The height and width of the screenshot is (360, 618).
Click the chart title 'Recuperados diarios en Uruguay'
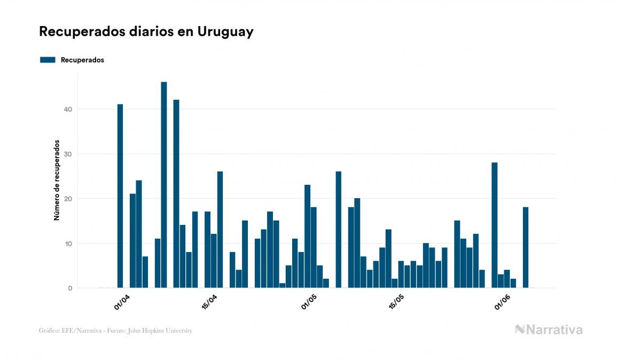tap(146, 32)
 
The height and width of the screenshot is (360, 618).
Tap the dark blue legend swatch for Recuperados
tap(48, 60)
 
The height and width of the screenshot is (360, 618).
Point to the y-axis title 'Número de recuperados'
tap(56, 181)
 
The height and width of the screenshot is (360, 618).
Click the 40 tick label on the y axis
tap(67, 109)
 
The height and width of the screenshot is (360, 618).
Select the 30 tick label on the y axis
tap(67, 154)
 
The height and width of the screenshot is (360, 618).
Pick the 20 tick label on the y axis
tap(67, 199)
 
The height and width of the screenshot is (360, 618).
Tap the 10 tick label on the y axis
tap(67, 244)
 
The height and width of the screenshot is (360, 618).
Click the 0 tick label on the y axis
tap(69, 288)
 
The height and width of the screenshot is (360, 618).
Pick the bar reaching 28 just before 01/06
tap(495, 225)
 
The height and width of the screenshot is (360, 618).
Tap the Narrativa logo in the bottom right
tap(549, 330)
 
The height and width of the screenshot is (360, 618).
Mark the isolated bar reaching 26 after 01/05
tap(339, 230)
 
